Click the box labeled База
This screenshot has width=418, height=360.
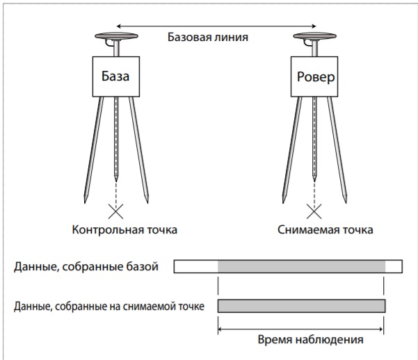[116, 76]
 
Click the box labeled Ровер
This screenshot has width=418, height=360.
[314, 76]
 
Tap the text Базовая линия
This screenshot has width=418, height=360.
[208, 37]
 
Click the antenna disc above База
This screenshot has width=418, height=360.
[116, 36]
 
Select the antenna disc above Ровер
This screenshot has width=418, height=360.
[314, 36]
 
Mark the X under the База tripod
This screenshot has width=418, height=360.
[116, 211]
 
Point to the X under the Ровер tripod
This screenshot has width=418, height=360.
[314, 211]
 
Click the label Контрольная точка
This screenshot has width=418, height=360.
[124, 230]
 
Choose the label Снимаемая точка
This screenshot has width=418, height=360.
[325, 230]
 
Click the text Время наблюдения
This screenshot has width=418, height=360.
[311, 340]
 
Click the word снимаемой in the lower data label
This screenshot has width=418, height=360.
[148, 306]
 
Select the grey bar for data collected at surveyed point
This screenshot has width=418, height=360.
[302, 306]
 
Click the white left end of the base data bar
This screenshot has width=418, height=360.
[196, 266]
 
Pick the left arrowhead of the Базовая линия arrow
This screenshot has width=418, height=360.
[119, 26]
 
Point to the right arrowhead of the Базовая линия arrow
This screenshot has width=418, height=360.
[314, 26]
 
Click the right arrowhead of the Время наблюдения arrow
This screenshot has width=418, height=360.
[380, 329]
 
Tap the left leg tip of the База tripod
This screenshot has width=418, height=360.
[85, 203]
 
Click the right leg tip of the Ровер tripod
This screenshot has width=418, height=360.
[346, 203]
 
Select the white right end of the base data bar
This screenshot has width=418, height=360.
[394, 266]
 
